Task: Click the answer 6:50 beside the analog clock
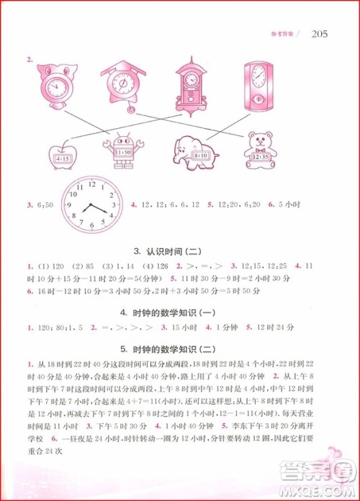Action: (42, 207)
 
